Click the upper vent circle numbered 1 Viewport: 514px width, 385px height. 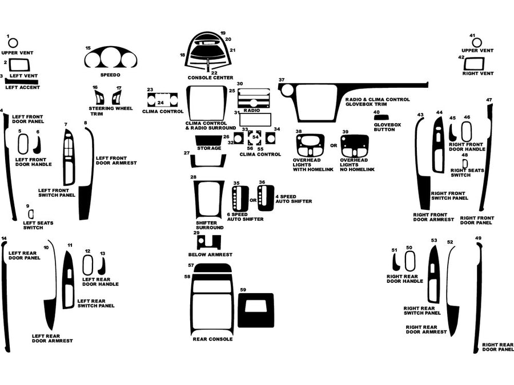point(13,43)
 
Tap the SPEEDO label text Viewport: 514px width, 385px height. point(110,75)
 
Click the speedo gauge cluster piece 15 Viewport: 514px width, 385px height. point(111,59)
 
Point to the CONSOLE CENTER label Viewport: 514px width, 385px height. point(211,77)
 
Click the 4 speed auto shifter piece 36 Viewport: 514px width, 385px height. point(266,197)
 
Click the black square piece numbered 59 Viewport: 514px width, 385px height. point(255,310)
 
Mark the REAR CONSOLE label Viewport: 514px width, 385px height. point(212,339)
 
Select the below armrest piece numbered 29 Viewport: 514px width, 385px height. point(208,242)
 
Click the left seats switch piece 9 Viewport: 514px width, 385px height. point(30,214)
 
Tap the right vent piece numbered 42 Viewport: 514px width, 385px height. point(474,64)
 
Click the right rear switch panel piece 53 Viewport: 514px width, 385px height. point(433,275)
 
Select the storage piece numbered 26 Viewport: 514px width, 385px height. point(209,140)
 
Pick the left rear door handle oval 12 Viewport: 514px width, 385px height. point(88,265)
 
